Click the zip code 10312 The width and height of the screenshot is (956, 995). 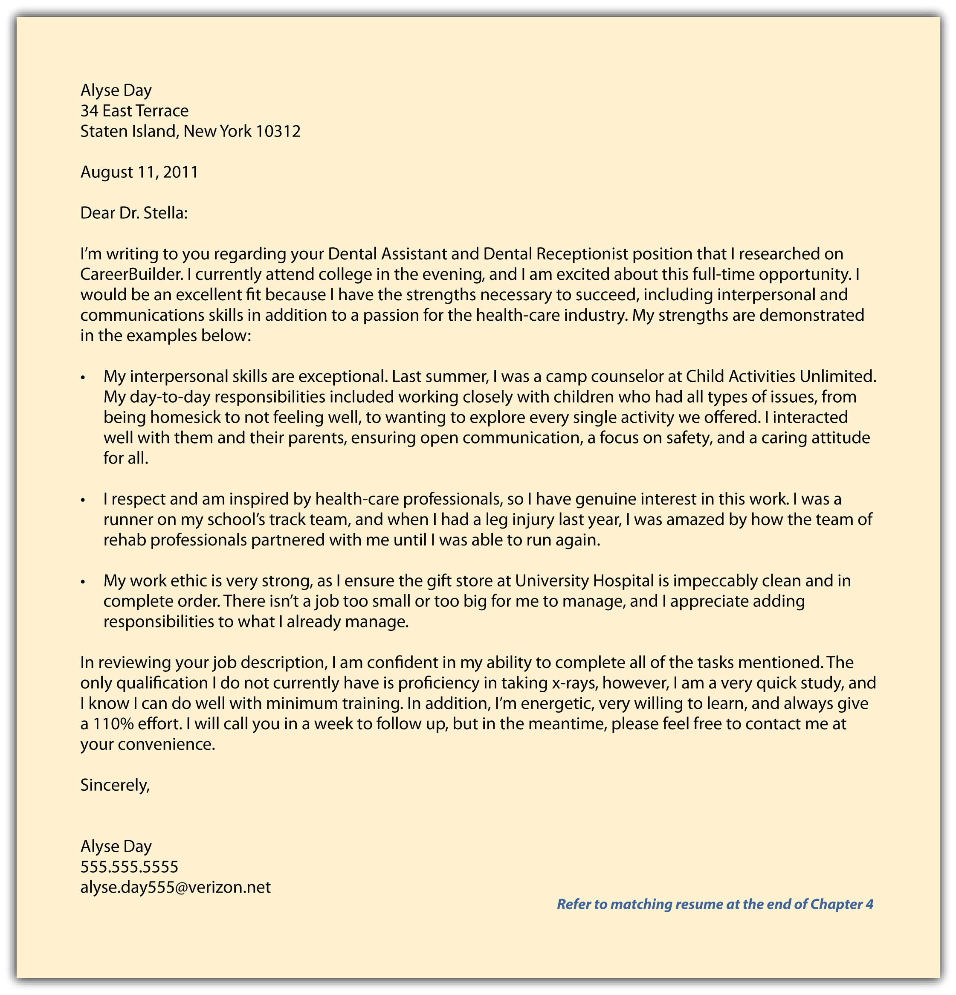point(278,131)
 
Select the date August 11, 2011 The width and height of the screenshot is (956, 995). point(139,173)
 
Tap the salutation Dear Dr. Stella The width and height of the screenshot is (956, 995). point(134,213)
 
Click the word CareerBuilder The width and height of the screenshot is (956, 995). point(131,275)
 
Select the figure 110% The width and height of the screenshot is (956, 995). point(113,724)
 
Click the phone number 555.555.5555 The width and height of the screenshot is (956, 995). point(129,867)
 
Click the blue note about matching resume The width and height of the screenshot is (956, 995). point(715,904)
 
